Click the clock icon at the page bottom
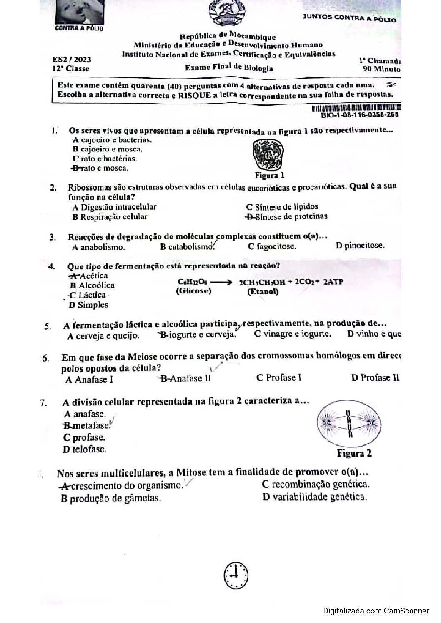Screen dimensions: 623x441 (x=235, y=575)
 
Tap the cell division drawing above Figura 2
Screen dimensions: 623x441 (x=349, y=424)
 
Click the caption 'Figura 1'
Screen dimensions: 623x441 (x=270, y=175)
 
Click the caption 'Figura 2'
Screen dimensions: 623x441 (x=354, y=454)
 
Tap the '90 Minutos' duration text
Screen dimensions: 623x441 (x=382, y=69)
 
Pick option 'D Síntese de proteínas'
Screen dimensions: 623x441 (x=286, y=216)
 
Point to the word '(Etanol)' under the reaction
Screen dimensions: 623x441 (x=263, y=291)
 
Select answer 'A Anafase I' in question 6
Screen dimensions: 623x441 (x=89, y=380)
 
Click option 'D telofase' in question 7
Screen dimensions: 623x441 (x=85, y=449)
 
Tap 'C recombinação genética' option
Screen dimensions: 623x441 (x=316, y=484)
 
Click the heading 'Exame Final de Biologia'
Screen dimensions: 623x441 (x=229, y=68)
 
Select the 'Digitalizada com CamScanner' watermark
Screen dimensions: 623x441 (x=376, y=611)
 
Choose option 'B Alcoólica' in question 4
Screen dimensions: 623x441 (x=92, y=285)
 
